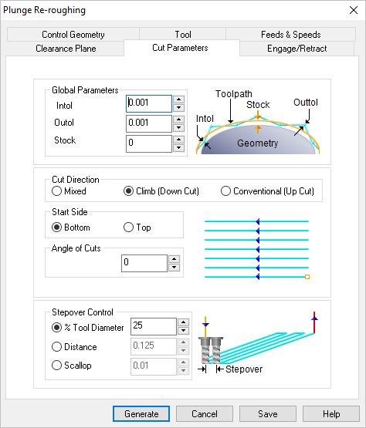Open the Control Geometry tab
[73, 35]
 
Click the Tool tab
[183, 35]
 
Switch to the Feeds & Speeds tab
[290, 35]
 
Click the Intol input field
[148, 103]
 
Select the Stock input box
[148, 143]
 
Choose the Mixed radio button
[57, 191]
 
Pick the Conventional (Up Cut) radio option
[226, 191]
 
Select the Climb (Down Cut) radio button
[129, 191]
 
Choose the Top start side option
[129, 227]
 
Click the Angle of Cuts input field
[144, 264]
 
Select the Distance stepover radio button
[57, 346]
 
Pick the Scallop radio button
[57, 366]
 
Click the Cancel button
[204, 414]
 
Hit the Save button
[267, 414]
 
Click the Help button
[331, 414]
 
